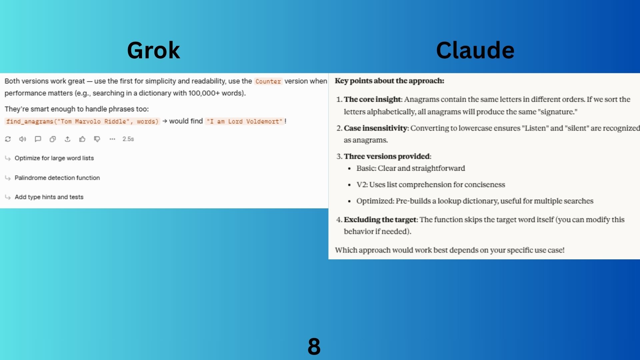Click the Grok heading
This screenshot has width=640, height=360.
pyautogui.click(x=153, y=50)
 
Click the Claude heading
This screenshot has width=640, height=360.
pyautogui.click(x=475, y=50)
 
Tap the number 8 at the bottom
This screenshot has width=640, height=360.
pyautogui.click(x=314, y=346)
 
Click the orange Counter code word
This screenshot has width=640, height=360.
pyautogui.click(x=268, y=81)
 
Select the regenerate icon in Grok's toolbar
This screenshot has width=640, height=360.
pyautogui.click(x=8, y=139)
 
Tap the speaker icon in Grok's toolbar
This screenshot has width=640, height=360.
pyautogui.click(x=23, y=139)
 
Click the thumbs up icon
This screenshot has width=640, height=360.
pyautogui.click(x=82, y=139)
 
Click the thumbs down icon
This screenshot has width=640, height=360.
pyautogui.click(x=97, y=139)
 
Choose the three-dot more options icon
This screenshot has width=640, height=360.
pyautogui.click(x=112, y=139)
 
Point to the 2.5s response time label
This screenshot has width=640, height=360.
pyautogui.click(x=128, y=139)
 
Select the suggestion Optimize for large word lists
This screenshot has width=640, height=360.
pyautogui.click(x=54, y=158)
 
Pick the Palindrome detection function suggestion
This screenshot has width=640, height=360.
pyautogui.click(x=57, y=178)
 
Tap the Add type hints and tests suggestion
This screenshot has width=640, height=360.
pyautogui.click(x=49, y=197)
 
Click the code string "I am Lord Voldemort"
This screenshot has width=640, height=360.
pyautogui.click(x=244, y=121)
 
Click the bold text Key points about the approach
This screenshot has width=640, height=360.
pyautogui.click(x=389, y=81)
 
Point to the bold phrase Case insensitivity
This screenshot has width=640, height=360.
pyautogui.click(x=376, y=128)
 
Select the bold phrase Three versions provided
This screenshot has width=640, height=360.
pyautogui.click(x=387, y=156)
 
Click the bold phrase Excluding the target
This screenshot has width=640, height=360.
pyautogui.click(x=380, y=220)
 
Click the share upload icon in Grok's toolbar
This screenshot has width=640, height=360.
pyautogui.click(x=68, y=139)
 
